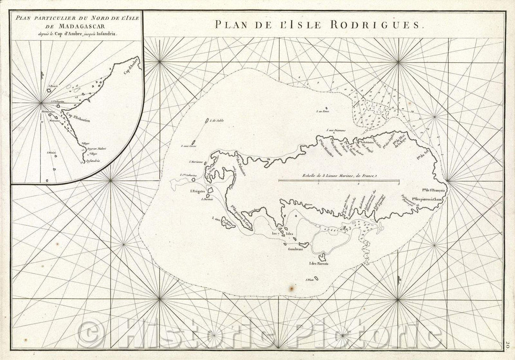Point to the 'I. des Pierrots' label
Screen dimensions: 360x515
(x=319, y=263)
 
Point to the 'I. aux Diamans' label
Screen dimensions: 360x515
(x=336, y=130)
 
